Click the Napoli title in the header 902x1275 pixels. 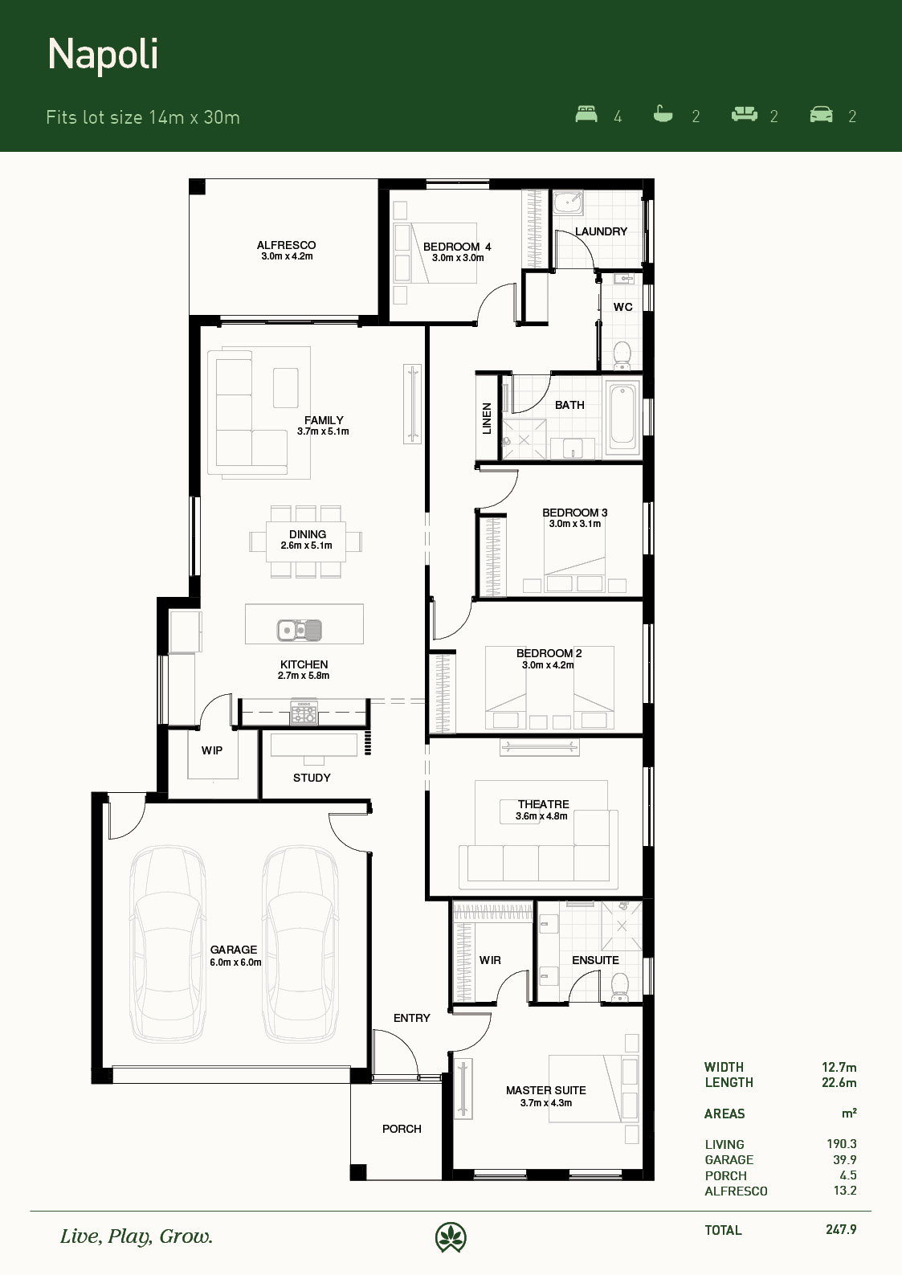point(103,55)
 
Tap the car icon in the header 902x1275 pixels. point(821,114)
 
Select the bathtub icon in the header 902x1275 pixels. point(663,114)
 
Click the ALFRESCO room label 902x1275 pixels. point(286,245)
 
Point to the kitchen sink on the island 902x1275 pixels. point(300,631)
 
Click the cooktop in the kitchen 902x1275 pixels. point(304,713)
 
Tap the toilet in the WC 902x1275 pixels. point(622,354)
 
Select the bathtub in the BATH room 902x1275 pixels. point(622,417)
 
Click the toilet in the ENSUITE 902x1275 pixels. point(619,987)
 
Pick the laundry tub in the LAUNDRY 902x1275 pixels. point(568,202)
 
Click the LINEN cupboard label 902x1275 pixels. point(487,419)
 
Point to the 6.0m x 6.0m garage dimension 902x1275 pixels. point(235,962)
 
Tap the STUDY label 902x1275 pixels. point(312,778)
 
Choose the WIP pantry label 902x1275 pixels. point(212,750)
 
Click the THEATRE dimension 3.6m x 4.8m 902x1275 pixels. point(542,815)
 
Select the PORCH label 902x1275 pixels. point(402,1129)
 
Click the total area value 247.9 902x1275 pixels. point(841,1229)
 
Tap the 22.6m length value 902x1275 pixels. point(839,1082)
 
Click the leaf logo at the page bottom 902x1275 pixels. point(451,1237)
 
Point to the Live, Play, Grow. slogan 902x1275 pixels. point(137,1236)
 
